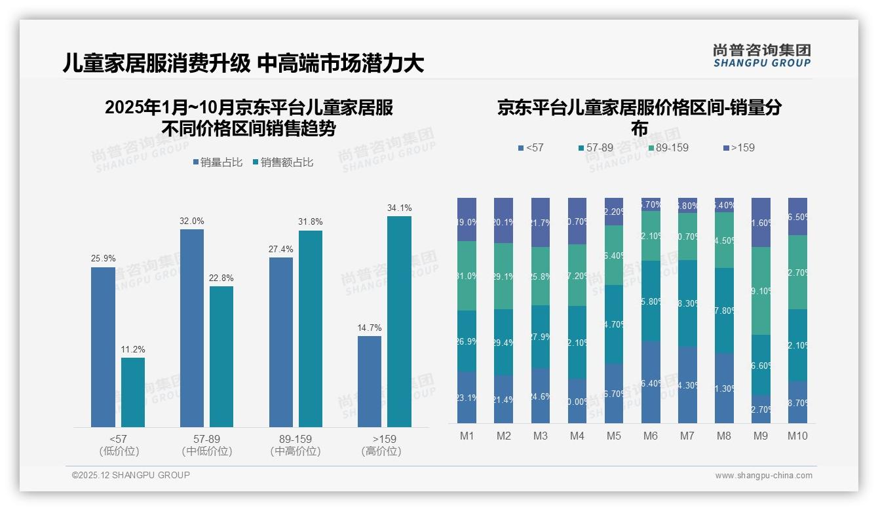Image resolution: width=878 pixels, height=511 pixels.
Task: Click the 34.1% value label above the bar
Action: (x=399, y=208)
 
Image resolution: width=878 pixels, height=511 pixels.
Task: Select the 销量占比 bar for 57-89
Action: (x=192, y=328)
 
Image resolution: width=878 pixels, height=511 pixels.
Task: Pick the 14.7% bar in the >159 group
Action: (x=370, y=381)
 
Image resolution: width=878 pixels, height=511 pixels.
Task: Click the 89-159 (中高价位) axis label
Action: (x=295, y=445)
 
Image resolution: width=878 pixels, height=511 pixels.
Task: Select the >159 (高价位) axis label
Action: (x=381, y=445)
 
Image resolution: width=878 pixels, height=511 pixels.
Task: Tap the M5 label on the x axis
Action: (x=614, y=436)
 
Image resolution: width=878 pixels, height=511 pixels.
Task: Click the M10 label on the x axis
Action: (x=797, y=436)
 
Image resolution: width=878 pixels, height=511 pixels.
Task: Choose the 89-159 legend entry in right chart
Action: (x=668, y=148)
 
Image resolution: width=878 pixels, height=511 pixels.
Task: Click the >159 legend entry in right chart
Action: (x=738, y=148)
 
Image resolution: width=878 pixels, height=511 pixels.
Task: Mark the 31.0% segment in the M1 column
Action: (x=467, y=276)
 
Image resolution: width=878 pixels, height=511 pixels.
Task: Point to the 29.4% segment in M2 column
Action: (x=503, y=342)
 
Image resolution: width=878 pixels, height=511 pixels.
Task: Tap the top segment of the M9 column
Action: (x=761, y=222)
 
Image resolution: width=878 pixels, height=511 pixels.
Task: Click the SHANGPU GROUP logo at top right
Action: (x=761, y=56)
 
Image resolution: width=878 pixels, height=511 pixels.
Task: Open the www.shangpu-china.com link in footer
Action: (x=763, y=476)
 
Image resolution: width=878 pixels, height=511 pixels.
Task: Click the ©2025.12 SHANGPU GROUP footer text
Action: (x=130, y=475)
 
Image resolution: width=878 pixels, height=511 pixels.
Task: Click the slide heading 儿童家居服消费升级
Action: (x=157, y=64)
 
